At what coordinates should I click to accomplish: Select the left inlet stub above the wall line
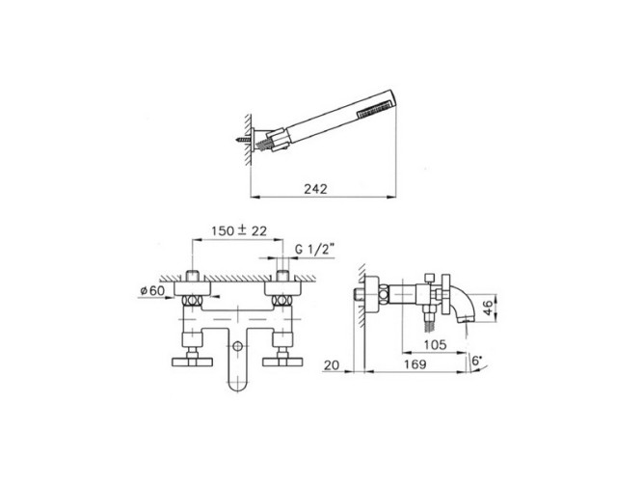coord(194,277)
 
